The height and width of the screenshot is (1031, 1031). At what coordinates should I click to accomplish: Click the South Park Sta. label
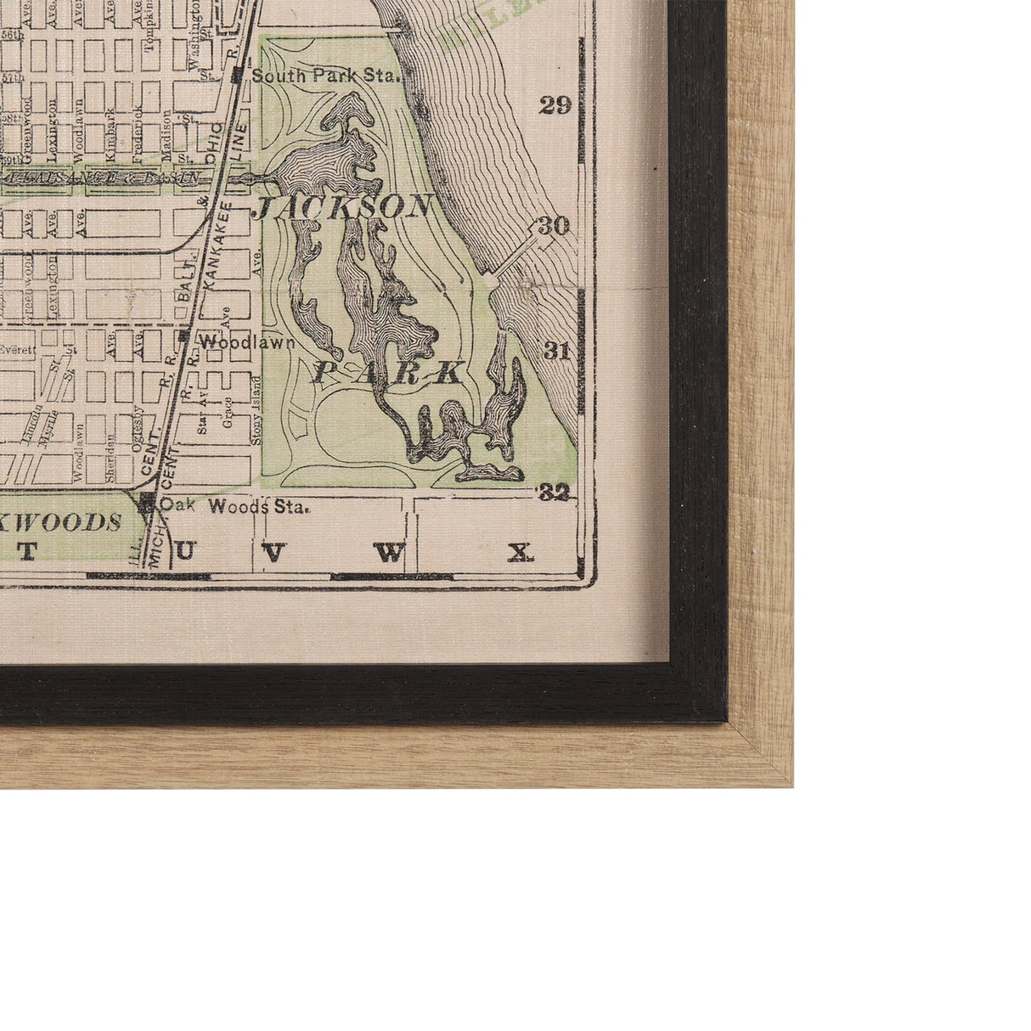(x=325, y=76)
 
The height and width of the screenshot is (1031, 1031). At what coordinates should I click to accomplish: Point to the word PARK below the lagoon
(x=388, y=374)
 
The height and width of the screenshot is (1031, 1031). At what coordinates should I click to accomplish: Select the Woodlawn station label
(x=247, y=343)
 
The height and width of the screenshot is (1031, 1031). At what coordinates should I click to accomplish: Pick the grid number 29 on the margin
(x=555, y=105)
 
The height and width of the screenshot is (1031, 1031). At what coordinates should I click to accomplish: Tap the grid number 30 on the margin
(x=553, y=226)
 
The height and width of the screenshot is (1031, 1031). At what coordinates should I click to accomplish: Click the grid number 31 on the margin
(x=555, y=351)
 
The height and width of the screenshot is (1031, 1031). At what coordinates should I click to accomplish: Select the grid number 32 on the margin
(x=555, y=492)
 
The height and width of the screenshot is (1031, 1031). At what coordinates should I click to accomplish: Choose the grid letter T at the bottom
(x=27, y=551)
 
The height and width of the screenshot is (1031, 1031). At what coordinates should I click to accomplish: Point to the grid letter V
(x=272, y=553)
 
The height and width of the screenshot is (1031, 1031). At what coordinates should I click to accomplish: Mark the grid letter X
(x=521, y=554)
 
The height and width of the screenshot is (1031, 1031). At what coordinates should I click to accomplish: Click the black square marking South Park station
(x=237, y=76)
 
